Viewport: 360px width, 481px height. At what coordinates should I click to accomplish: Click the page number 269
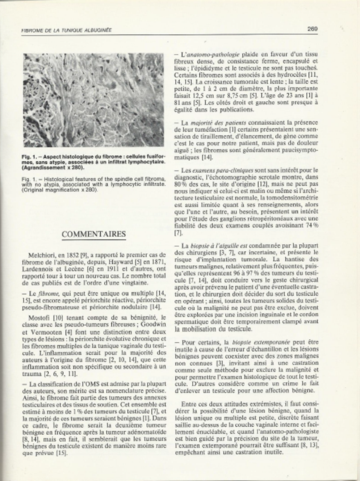point(313,29)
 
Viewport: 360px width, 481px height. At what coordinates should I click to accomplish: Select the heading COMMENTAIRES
point(93,234)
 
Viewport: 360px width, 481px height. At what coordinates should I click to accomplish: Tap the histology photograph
point(93,100)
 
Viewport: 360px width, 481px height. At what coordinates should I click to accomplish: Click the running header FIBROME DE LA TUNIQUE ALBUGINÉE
point(66,30)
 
